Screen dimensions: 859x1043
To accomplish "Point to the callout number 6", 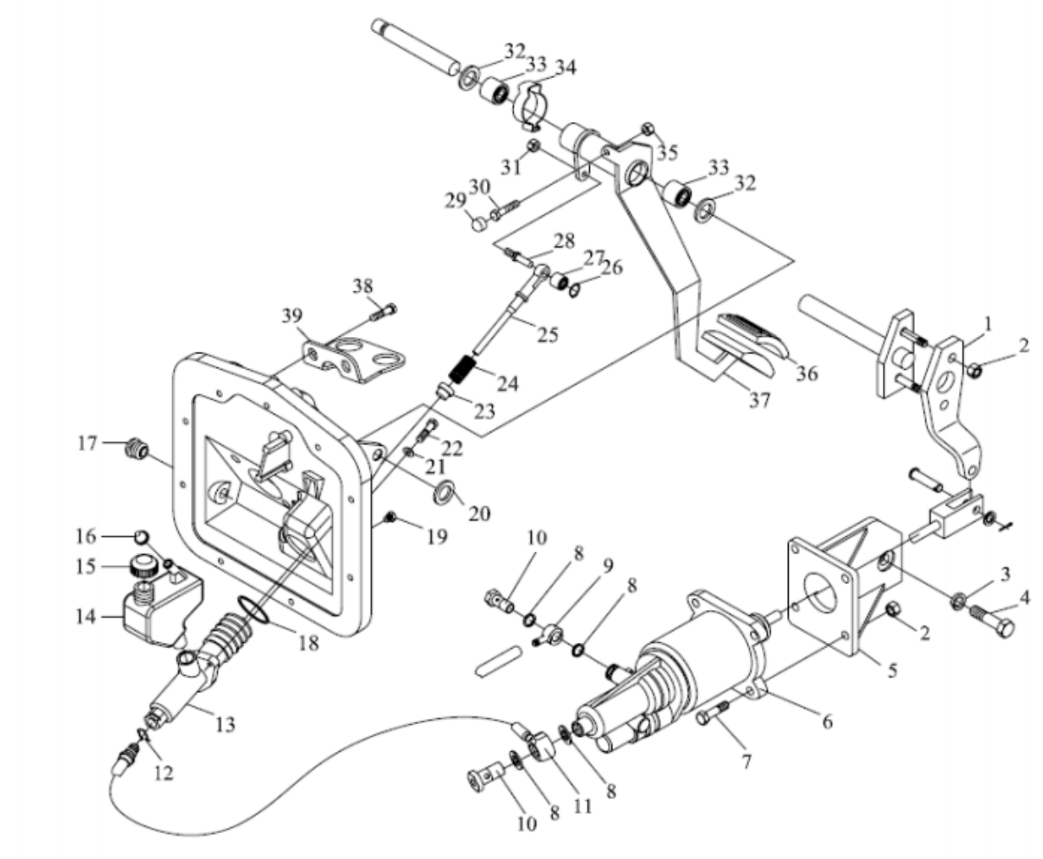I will pyautogui.click(x=827, y=720).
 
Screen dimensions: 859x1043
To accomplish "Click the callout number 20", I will pyautogui.click(x=478, y=513).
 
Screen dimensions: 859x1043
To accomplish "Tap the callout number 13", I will pyautogui.click(x=225, y=725).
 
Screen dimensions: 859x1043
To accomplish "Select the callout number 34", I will pyautogui.click(x=566, y=67).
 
